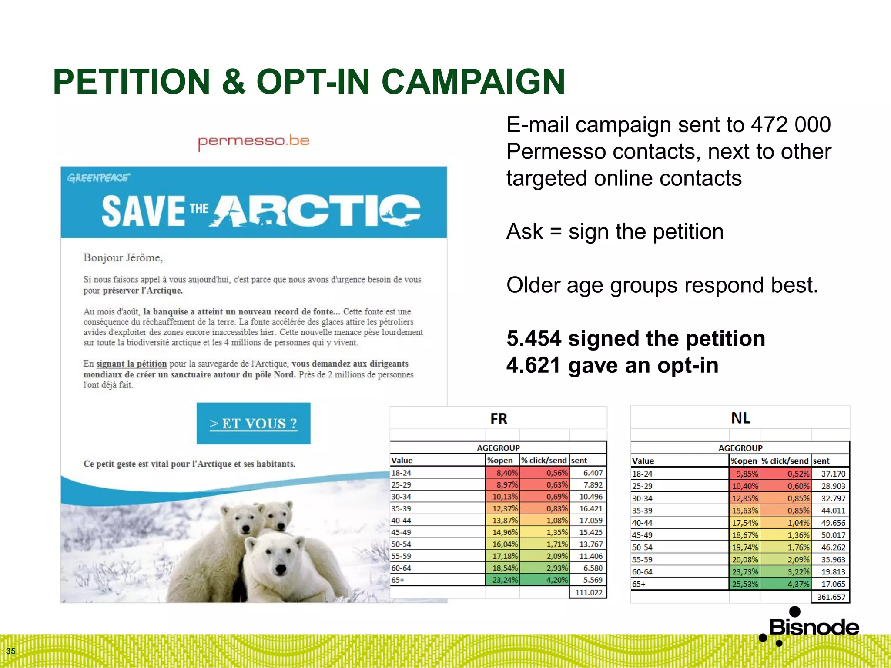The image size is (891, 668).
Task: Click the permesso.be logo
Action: (x=254, y=141)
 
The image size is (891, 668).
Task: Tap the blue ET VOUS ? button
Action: (x=253, y=423)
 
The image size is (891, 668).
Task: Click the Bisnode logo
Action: (x=809, y=626)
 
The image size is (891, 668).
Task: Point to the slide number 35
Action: (x=11, y=651)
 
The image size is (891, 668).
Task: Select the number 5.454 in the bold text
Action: (x=534, y=338)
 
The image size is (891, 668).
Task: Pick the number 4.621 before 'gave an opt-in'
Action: (x=534, y=365)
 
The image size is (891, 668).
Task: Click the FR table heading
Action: (x=499, y=418)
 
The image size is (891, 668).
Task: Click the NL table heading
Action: (x=740, y=418)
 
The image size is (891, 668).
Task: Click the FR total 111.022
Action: (x=588, y=592)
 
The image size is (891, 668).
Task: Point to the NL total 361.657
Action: (x=831, y=597)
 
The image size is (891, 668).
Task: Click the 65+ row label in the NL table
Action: (x=639, y=584)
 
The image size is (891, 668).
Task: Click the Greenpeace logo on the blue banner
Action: (x=98, y=178)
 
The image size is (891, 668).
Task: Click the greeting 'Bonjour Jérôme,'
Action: (x=123, y=258)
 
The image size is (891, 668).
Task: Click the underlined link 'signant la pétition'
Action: (x=131, y=364)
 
